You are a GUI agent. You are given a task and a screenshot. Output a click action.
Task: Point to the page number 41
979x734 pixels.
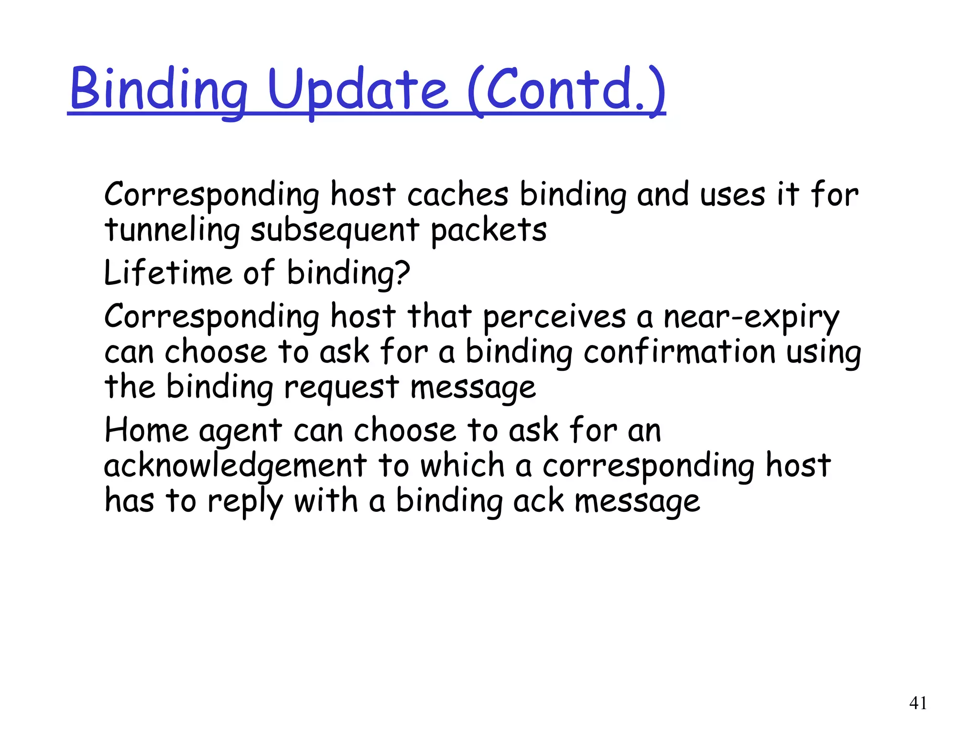point(918,703)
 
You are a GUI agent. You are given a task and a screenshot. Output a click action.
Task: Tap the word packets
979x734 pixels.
point(489,230)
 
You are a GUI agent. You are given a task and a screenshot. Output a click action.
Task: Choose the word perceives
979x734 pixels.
point(554,316)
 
